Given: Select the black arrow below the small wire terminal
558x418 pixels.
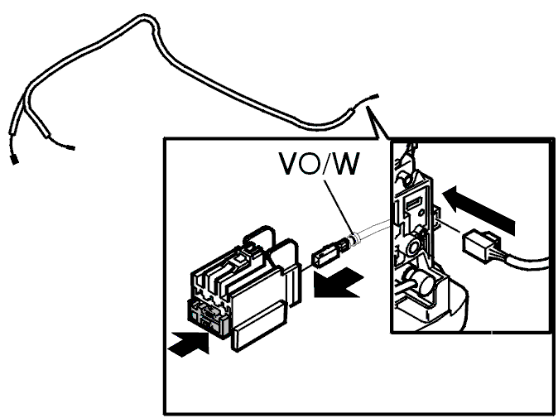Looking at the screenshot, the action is (x=337, y=282).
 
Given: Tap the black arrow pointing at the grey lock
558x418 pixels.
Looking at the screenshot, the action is (x=189, y=344).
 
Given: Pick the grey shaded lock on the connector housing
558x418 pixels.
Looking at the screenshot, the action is (x=208, y=318).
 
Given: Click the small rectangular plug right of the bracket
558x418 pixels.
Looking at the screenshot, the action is (x=479, y=246).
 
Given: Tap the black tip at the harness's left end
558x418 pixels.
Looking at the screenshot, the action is (x=15, y=160).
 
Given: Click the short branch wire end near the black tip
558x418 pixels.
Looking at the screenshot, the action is (x=70, y=147).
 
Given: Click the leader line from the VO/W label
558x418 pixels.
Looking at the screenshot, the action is (x=339, y=208).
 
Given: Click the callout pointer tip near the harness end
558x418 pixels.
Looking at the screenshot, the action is (x=367, y=107).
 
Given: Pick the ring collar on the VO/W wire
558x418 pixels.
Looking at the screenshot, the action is (x=353, y=239).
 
